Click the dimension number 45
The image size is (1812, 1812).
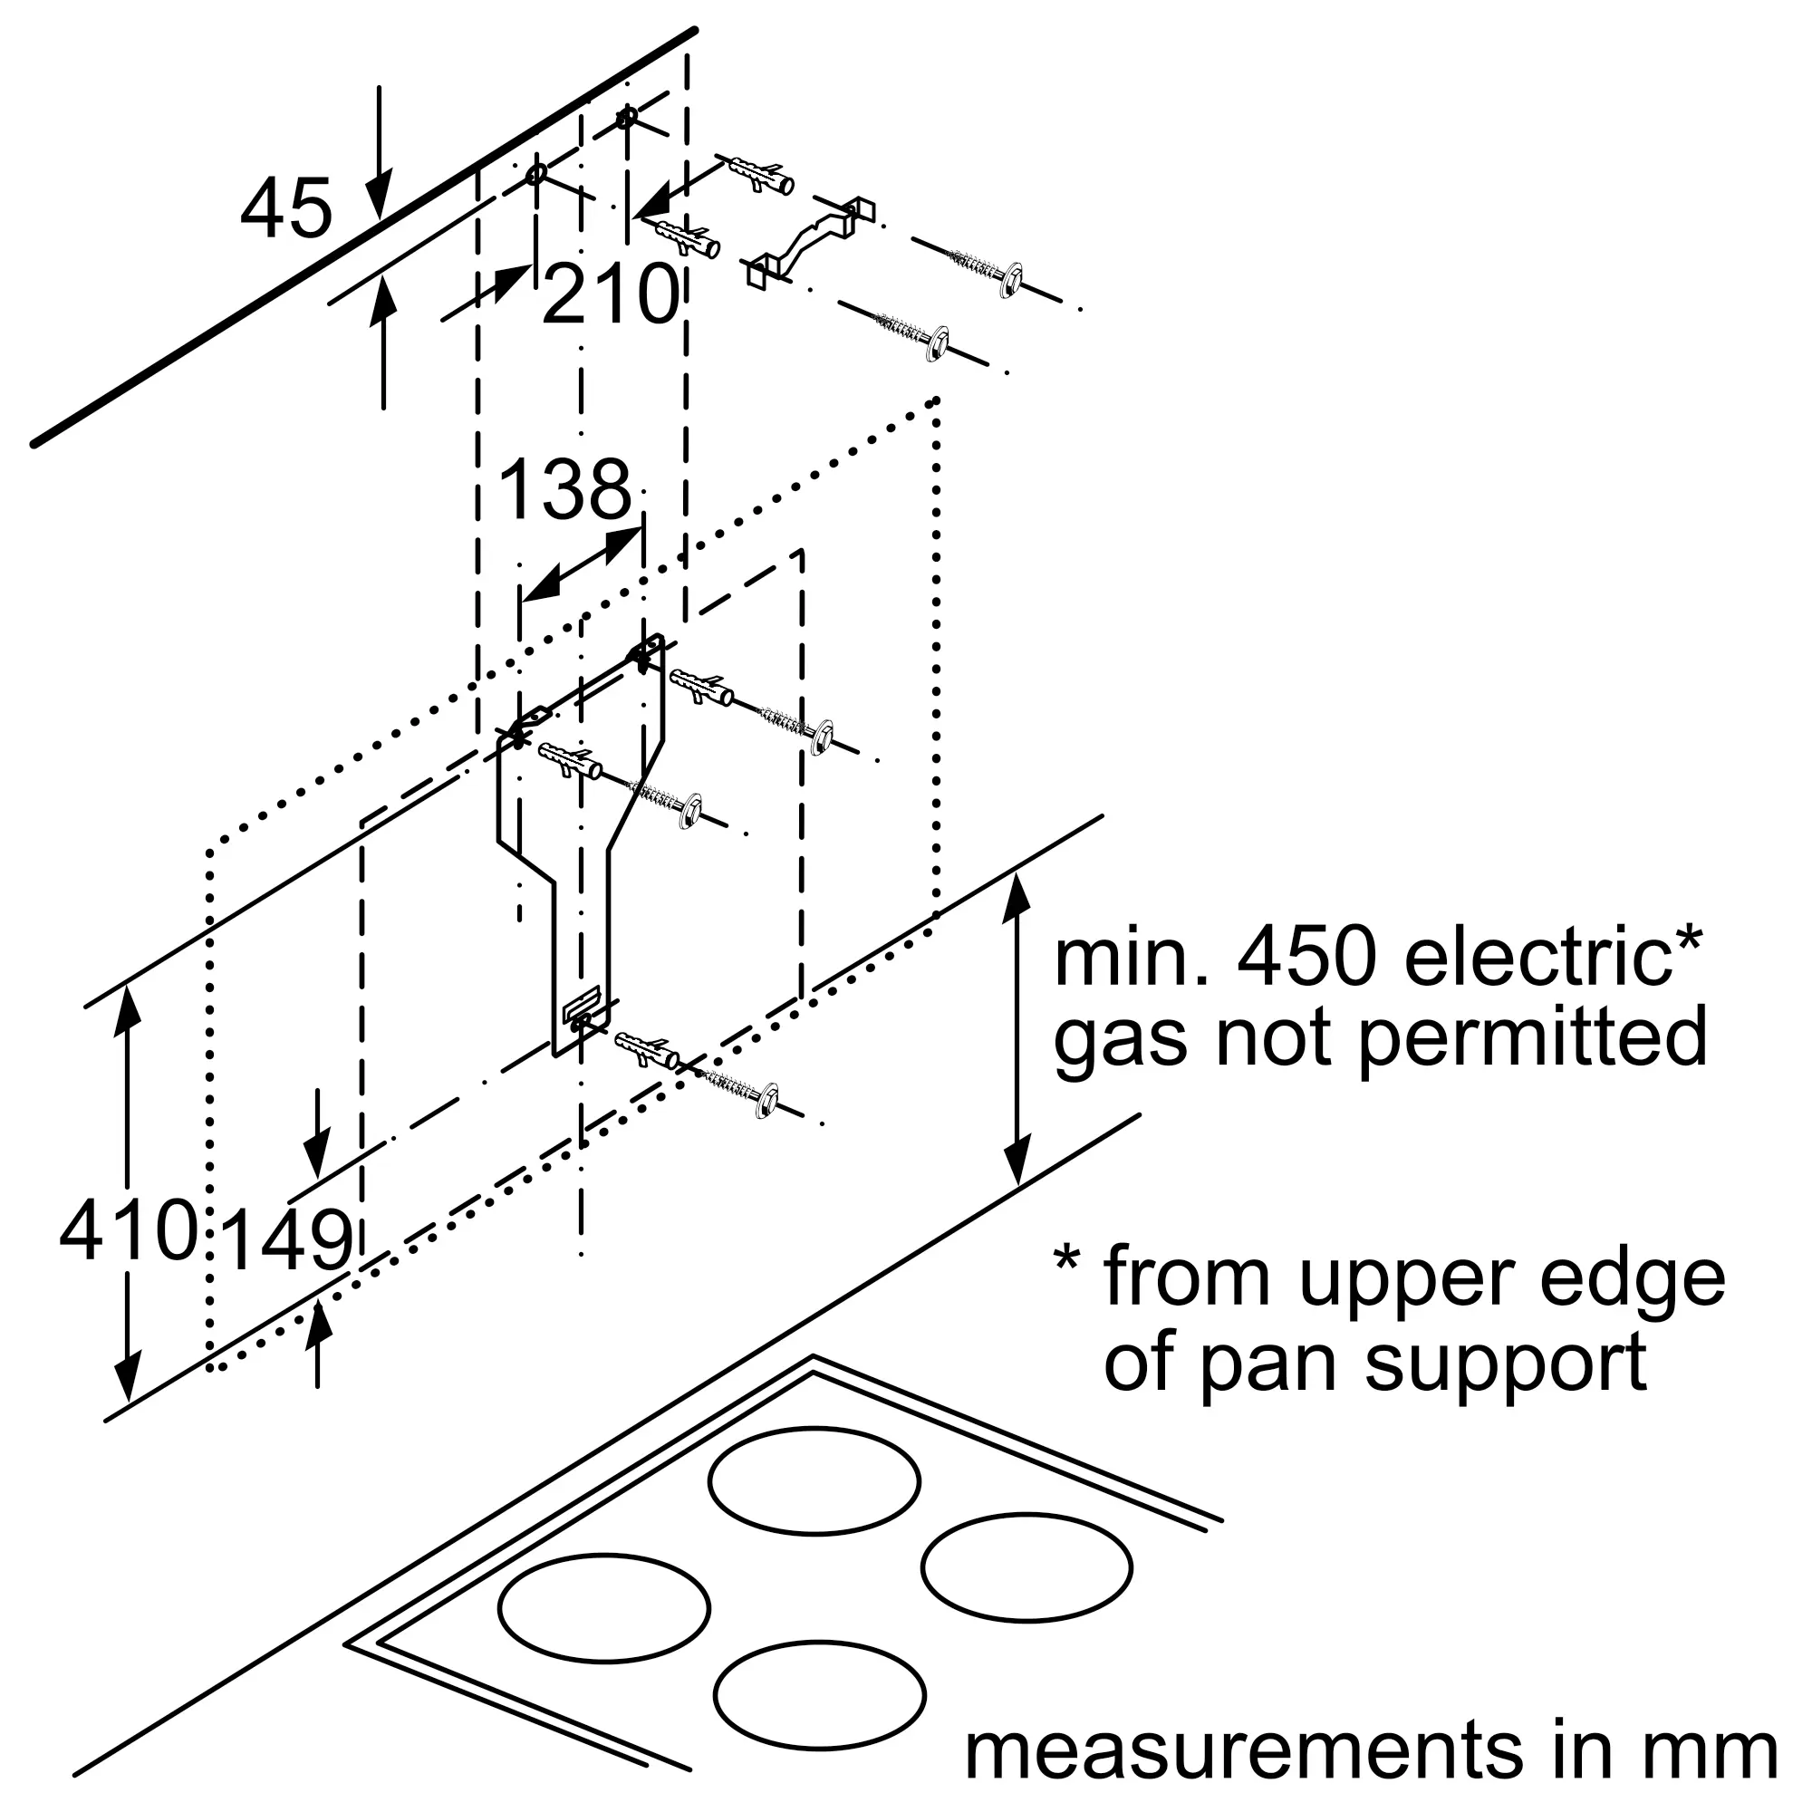pos(286,208)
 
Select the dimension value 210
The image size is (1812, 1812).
pos(610,294)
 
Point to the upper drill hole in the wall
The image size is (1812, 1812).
pos(627,118)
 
